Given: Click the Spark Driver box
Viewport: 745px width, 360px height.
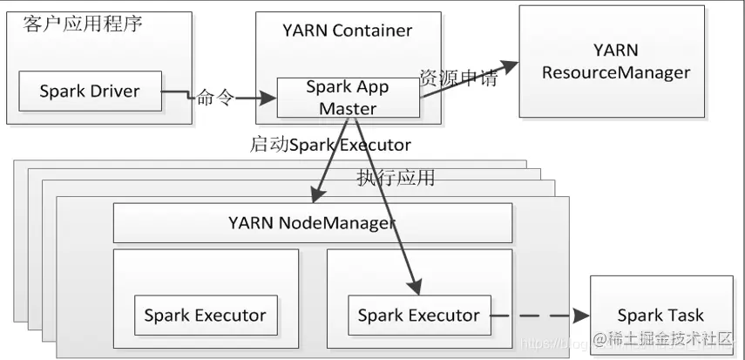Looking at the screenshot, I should click(89, 92).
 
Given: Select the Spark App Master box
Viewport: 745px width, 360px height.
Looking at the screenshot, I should click(348, 98).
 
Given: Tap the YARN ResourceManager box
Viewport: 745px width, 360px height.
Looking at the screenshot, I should click(616, 61).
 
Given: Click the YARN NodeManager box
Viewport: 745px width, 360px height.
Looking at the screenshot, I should click(311, 222).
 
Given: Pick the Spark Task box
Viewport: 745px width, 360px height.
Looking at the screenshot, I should click(660, 315).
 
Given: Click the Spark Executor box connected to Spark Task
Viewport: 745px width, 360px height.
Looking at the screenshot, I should click(418, 315).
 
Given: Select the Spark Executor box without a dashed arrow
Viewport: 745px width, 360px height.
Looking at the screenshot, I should click(205, 315).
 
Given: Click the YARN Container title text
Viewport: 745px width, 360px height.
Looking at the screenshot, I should click(347, 31).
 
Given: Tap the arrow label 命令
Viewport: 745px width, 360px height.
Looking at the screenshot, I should click(215, 97).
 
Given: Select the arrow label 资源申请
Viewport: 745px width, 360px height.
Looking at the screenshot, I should click(458, 78).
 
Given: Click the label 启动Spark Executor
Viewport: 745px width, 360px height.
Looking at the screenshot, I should click(330, 145).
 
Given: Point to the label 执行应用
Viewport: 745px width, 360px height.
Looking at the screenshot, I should click(396, 178).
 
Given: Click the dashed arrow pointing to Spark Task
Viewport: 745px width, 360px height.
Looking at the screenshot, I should click(540, 315).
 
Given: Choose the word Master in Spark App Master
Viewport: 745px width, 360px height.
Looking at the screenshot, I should click(348, 108).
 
